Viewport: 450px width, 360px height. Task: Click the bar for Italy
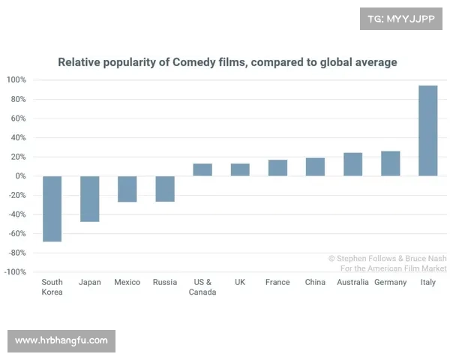coord(427,130)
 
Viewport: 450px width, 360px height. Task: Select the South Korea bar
coord(52,208)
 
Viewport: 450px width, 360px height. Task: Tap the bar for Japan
coord(90,199)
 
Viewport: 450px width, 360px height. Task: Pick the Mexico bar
coord(127,189)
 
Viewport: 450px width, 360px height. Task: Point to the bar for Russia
coord(165,189)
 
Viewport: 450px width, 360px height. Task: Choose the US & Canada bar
coord(202,169)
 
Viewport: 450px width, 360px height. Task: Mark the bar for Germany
coord(390,163)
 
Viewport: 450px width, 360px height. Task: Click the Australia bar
coord(352,164)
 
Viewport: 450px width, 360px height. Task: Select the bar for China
coord(315,166)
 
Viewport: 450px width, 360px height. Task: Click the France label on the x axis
coord(277,283)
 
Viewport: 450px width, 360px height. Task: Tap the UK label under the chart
coord(240,283)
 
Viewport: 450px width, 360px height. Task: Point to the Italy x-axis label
coord(427,283)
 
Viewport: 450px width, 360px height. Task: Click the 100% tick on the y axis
coord(16,80)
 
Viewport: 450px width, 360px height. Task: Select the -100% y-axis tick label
coord(16,271)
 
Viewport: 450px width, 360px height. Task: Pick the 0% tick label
coord(19,176)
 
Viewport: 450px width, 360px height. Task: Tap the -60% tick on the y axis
coord(17,233)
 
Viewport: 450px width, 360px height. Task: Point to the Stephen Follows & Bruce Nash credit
coord(387,258)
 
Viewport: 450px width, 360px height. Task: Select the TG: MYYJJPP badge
coord(401,19)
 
